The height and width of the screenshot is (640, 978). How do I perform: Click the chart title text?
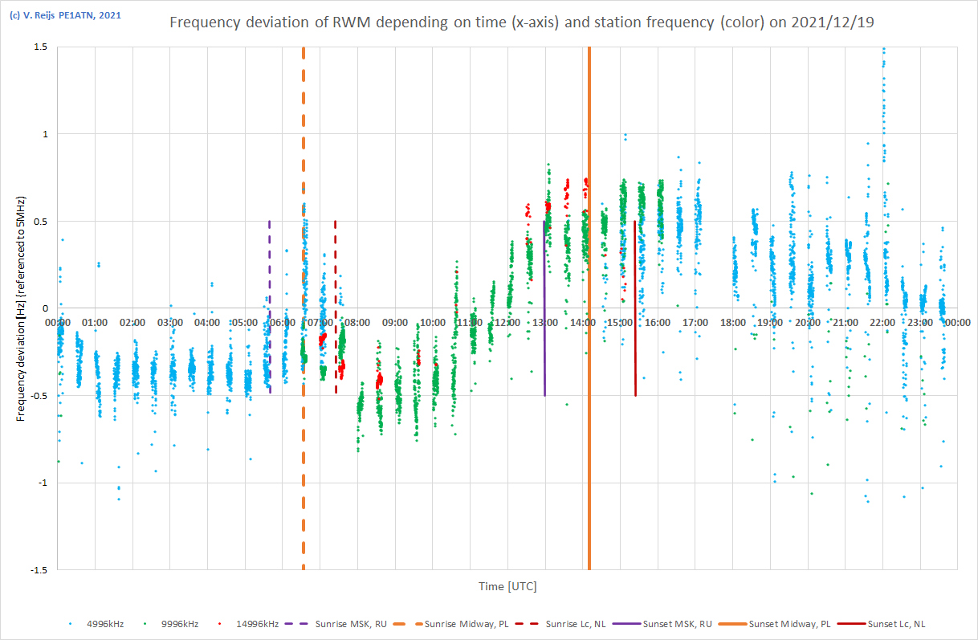(521, 22)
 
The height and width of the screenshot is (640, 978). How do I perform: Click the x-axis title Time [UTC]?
(507, 586)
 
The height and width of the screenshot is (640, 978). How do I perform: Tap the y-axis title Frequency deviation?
(22, 308)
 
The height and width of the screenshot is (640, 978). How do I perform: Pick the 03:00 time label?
(169, 322)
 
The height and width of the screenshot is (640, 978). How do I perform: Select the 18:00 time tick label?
(732, 322)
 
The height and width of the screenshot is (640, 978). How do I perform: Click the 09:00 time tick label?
(394, 322)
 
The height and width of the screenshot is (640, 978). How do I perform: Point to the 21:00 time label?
(845, 322)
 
